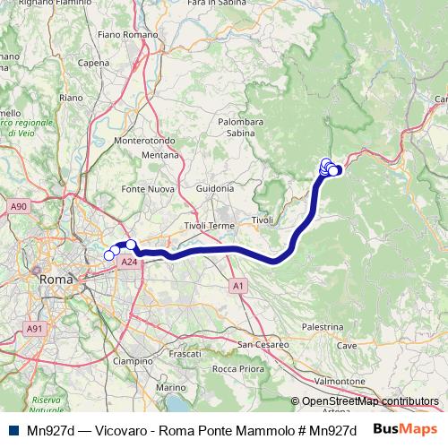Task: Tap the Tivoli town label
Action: click(x=262, y=220)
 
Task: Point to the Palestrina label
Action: click(x=323, y=329)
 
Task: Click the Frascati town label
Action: click(x=185, y=354)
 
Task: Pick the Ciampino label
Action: click(x=134, y=361)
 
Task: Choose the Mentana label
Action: click(x=161, y=155)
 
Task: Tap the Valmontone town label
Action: click(x=340, y=381)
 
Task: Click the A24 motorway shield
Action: click(x=129, y=263)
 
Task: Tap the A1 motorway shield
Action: click(x=237, y=286)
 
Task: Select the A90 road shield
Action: click(x=19, y=207)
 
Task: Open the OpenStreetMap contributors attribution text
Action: click(x=369, y=401)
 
